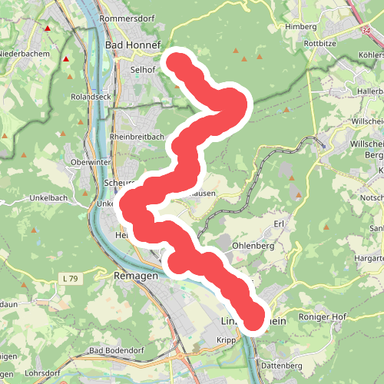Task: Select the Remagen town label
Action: coord(135,275)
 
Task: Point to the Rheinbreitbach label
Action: coord(137,136)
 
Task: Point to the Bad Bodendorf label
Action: coord(118,351)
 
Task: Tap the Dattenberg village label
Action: coord(281,366)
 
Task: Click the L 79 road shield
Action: coord(69,276)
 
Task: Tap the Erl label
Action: coord(279,223)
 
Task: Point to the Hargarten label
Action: coord(367,260)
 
